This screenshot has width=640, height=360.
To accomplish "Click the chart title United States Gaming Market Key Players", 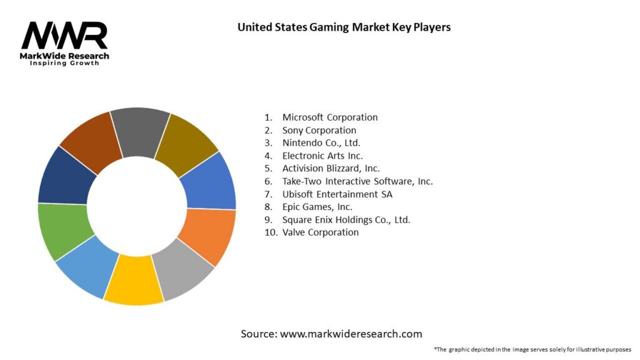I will point(344,27).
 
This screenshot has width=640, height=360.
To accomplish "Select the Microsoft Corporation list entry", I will point(330,117).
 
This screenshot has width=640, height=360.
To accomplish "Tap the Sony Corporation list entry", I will point(319,130).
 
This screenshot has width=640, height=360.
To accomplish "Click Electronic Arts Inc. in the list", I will point(322,156).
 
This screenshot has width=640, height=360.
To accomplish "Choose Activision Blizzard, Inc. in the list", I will point(331,168).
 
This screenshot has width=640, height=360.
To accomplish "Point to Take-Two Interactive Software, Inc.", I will point(357,181).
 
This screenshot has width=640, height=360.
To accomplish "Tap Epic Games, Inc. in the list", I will point(317,207).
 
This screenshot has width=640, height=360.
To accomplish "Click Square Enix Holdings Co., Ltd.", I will point(346,219).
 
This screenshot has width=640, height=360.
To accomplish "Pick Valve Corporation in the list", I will point(321,232).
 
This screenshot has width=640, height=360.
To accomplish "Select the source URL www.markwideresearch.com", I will point(331,334).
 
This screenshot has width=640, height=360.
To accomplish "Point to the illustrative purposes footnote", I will point(532,349).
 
